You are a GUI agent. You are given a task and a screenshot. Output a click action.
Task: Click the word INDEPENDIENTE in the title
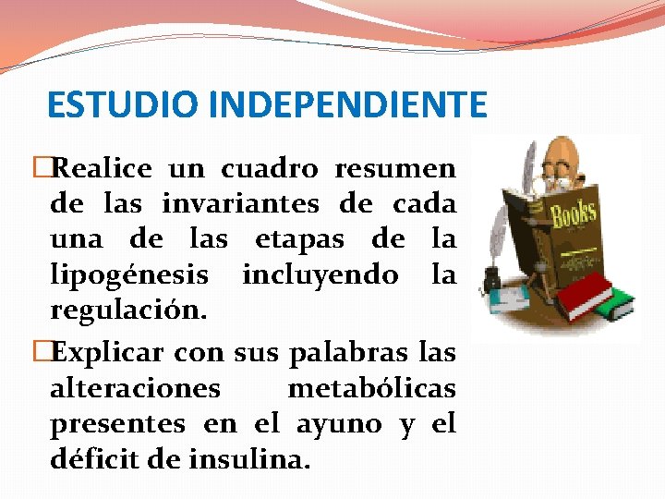(347, 105)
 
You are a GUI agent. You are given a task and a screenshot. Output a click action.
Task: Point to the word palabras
(331, 352)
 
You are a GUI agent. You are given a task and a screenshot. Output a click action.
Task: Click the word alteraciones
(135, 388)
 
